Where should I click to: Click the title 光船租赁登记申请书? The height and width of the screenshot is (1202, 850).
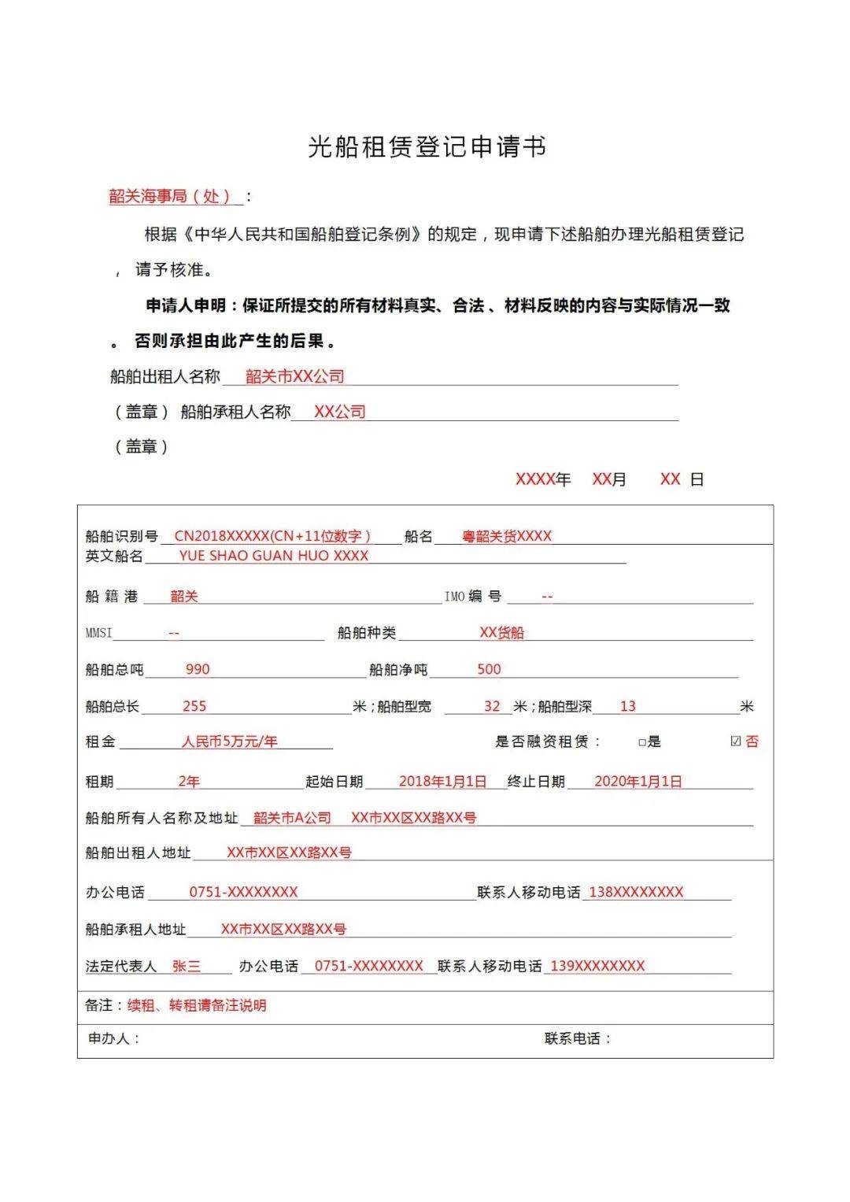tap(427, 147)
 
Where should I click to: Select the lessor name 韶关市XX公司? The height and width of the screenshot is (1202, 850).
tap(294, 377)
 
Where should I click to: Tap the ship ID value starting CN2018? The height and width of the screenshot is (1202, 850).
tap(272, 536)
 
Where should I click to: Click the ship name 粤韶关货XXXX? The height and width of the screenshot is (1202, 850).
tap(507, 536)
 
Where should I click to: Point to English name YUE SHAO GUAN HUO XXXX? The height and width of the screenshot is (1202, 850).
tap(273, 556)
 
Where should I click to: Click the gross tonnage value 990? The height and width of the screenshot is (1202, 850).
tap(198, 669)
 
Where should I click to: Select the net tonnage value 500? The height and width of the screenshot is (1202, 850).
tap(489, 669)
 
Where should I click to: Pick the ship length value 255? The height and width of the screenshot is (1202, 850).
tap(194, 706)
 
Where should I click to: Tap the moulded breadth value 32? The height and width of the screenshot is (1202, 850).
tap(492, 706)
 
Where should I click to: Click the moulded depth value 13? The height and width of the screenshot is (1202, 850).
tap(627, 706)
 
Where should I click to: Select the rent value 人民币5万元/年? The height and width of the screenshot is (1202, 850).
tap(229, 742)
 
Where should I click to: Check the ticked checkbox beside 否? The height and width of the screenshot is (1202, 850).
tap(736, 742)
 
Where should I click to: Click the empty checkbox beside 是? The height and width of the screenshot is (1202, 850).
tap(642, 742)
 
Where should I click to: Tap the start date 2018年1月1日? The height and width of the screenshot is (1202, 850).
tap(442, 782)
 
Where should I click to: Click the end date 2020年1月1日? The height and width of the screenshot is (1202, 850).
tap(637, 782)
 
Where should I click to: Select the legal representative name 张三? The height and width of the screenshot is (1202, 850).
tap(187, 967)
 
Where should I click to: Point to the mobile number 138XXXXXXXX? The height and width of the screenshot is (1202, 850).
tap(636, 893)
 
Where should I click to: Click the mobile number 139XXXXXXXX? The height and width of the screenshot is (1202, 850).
tap(597, 967)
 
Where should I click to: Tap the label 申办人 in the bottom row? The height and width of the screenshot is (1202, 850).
tap(109, 1039)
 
